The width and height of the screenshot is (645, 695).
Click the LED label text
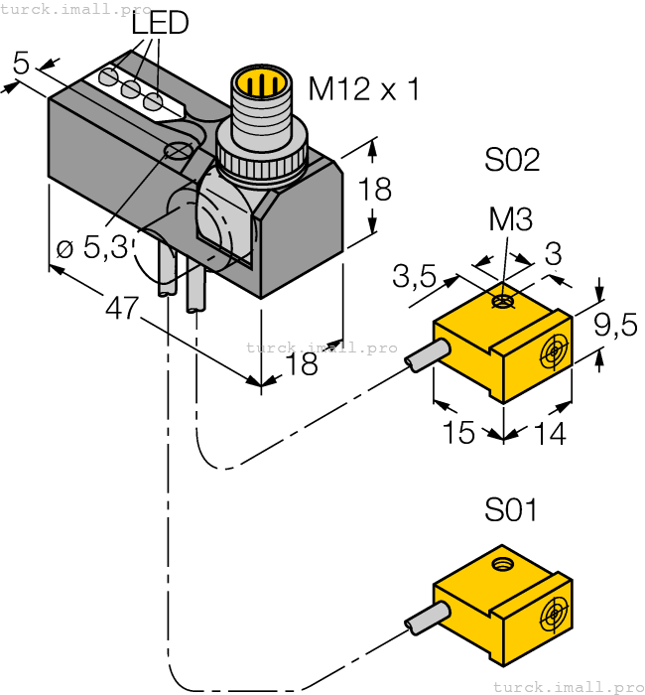click(161, 23)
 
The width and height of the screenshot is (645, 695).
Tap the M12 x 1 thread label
click(364, 89)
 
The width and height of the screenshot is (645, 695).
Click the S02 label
click(512, 159)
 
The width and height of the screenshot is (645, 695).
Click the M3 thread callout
click(512, 219)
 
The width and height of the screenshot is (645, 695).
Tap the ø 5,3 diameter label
click(92, 246)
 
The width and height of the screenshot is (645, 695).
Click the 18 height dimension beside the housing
click(374, 189)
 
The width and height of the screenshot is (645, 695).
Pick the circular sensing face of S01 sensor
click(551, 616)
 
